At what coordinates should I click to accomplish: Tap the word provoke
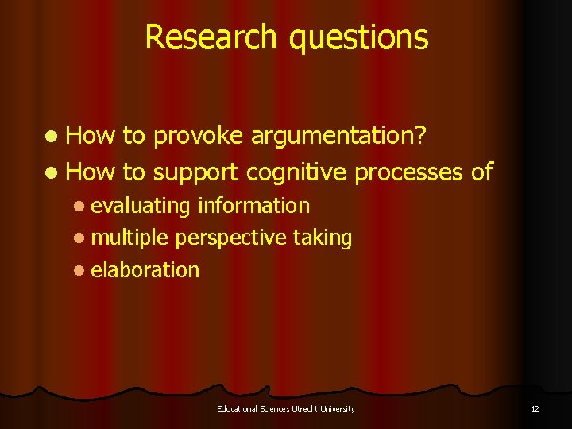[x=197, y=137]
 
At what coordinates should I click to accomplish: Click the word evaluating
[x=141, y=207]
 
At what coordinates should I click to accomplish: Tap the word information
[x=253, y=206]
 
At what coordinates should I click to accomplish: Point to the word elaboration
[x=145, y=270]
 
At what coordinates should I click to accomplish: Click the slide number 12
[x=535, y=408]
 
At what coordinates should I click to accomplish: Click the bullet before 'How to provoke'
[x=52, y=137]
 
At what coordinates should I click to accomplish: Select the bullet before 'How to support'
[x=52, y=172]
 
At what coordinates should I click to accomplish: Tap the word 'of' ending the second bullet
[x=482, y=172]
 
